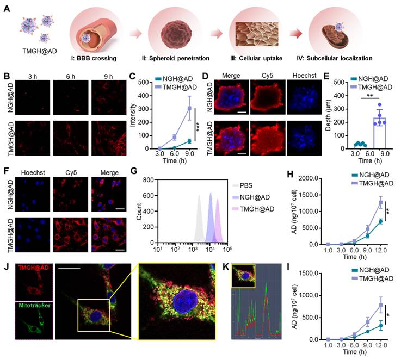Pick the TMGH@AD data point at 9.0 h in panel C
tap(189, 108)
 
